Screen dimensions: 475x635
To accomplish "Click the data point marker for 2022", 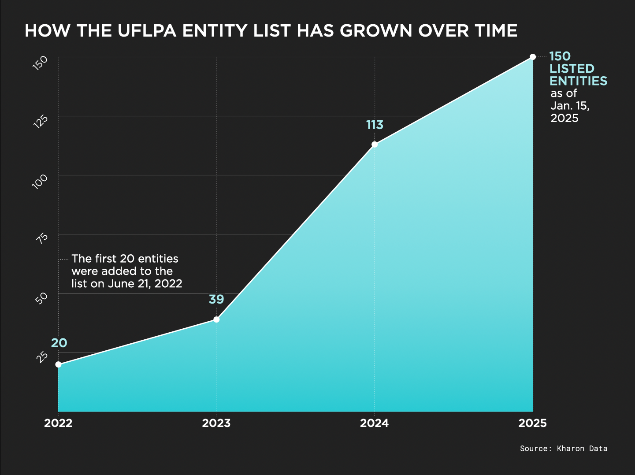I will (58, 364).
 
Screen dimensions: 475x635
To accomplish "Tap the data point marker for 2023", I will (216, 319).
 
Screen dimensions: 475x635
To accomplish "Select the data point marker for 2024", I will (375, 145).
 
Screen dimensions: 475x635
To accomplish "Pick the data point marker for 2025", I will (533, 57).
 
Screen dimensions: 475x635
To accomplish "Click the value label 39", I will (216, 300).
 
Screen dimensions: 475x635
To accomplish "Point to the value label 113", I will (375, 125).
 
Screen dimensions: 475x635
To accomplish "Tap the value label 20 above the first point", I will (59, 343).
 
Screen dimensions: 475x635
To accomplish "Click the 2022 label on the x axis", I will (58, 423).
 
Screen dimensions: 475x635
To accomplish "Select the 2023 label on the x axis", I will (216, 423).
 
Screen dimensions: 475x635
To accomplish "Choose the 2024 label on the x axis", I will (375, 423).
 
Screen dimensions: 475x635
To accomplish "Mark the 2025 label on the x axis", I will (533, 423).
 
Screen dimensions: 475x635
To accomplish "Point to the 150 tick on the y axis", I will (40, 63).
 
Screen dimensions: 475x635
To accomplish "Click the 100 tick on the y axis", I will (40, 181).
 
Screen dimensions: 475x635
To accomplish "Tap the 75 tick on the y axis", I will (41, 238).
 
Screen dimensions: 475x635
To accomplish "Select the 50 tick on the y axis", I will (41, 298).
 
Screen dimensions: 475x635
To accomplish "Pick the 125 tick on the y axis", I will (40, 121).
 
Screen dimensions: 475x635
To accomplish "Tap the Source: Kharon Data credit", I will (564, 449).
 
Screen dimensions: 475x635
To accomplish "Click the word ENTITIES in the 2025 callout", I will (579, 81).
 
